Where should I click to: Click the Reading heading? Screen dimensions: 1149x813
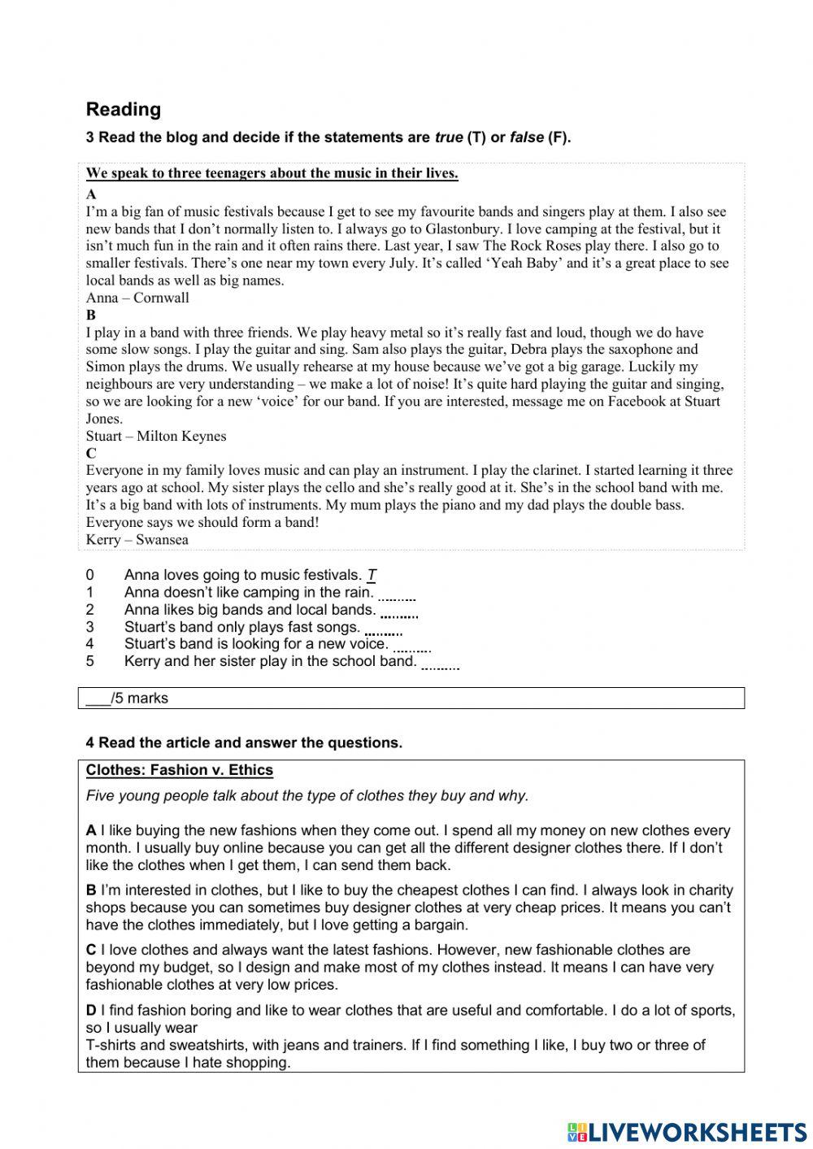(124, 109)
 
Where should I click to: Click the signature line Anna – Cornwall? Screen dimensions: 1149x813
(137, 298)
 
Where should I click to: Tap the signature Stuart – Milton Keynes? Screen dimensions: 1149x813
(156, 436)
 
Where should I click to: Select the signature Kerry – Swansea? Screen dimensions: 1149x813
(137, 539)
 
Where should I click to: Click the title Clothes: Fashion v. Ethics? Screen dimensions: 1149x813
(180, 770)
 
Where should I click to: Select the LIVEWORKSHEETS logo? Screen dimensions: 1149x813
(687, 1131)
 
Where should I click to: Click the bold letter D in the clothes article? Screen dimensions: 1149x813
(91, 1010)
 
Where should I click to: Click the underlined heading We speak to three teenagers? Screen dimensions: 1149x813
(272, 173)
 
